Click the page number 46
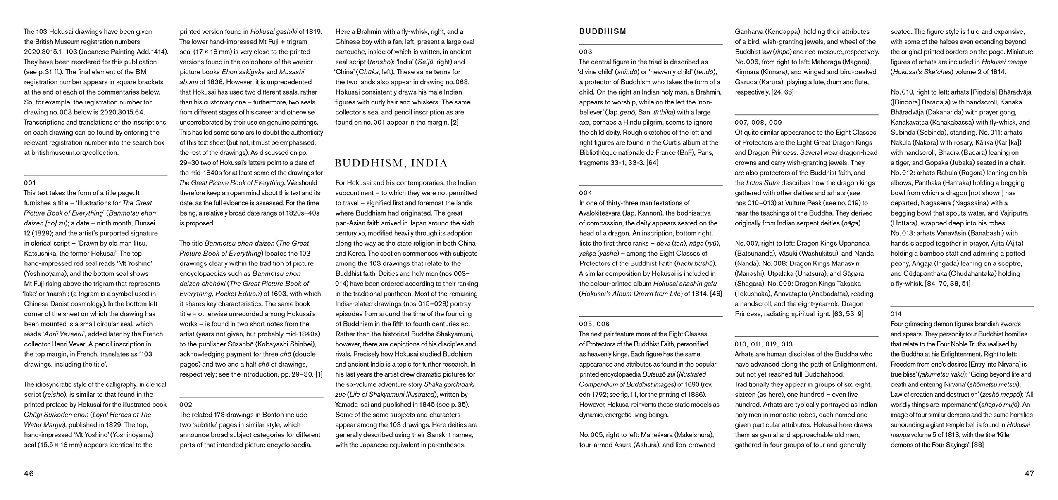(x=29, y=474)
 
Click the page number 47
(x=1029, y=474)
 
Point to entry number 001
(x=30, y=183)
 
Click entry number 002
(x=186, y=405)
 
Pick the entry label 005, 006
(x=594, y=324)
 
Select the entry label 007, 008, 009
(x=758, y=122)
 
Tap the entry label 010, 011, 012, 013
(x=764, y=344)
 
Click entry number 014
(x=896, y=314)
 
